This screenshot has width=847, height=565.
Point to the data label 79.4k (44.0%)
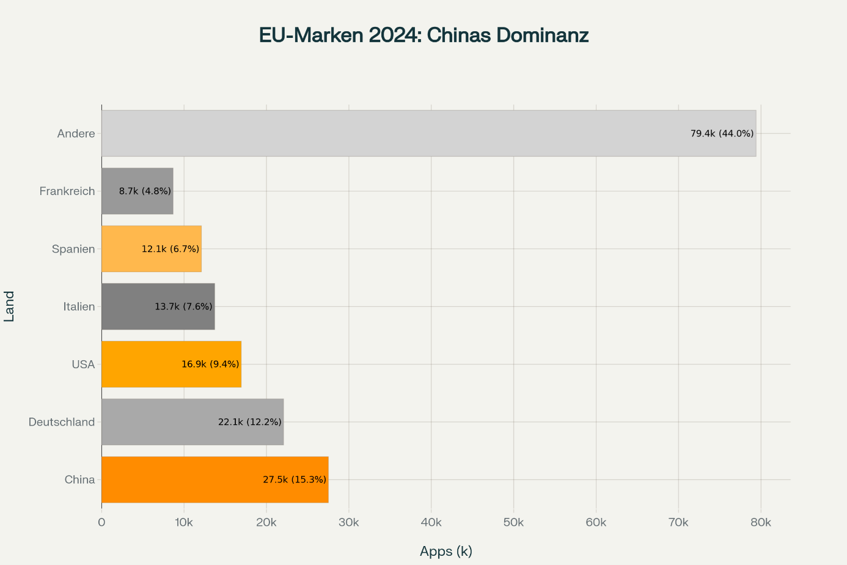tap(722, 133)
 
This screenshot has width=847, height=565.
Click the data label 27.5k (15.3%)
tap(295, 479)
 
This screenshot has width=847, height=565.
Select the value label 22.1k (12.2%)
tap(249, 422)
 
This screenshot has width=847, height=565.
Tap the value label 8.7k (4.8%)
tap(145, 191)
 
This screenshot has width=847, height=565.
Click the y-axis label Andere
tap(76, 133)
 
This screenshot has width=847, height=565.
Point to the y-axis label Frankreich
tap(67, 191)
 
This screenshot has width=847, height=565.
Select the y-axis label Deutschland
tap(62, 422)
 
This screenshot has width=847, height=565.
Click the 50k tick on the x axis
tap(513, 522)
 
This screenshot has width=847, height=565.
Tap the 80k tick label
tap(761, 522)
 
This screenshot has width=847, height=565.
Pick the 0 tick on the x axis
tap(101, 522)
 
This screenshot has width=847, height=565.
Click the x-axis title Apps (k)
tap(446, 551)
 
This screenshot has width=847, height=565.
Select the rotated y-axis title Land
tap(10, 306)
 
